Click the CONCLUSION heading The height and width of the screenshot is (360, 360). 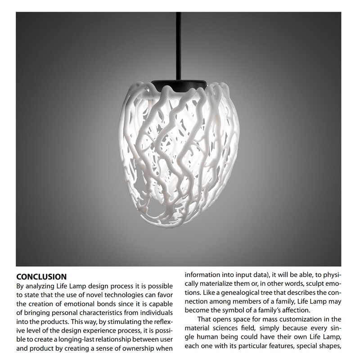(41, 276)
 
